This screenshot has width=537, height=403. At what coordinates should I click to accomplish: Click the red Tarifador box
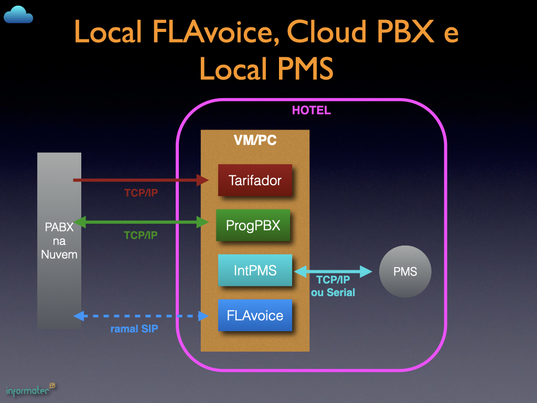255,181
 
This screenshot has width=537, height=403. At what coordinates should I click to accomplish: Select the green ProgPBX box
253,225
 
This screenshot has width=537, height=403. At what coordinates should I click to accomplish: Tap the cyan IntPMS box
255,270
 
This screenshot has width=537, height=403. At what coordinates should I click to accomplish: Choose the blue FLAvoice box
255,315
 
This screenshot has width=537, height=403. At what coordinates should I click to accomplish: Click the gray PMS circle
405,272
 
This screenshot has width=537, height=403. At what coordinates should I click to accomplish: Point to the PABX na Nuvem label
59,241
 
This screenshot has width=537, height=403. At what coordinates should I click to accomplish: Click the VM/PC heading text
255,140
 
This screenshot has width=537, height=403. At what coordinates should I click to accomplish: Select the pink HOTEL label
312,111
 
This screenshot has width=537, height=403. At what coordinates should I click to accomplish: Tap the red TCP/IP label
141,193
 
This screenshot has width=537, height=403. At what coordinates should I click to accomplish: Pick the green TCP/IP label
141,236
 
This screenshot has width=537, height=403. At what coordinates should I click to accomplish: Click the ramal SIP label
134,330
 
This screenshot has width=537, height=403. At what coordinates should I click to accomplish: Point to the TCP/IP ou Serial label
333,287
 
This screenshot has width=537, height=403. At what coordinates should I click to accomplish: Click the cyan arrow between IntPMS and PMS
333,271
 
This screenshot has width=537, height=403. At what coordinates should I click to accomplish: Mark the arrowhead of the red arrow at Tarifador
203,180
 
